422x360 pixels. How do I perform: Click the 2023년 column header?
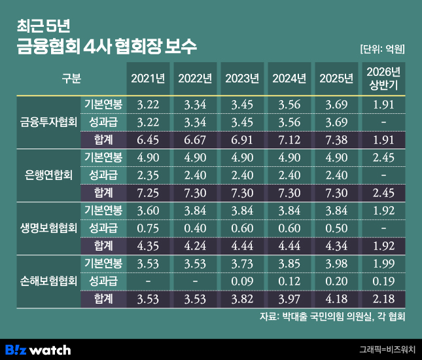[242, 79]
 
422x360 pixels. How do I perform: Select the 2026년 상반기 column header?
[383, 79]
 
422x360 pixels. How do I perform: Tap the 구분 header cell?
[71, 79]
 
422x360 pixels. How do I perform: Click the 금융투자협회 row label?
[48, 122]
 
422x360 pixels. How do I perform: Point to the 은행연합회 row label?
[48, 175]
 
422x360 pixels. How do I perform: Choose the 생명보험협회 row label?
[48, 228]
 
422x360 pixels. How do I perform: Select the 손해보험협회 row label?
[48, 281]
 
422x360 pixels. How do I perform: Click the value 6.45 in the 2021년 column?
[148, 140]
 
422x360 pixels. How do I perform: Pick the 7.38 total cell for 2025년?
[336, 140]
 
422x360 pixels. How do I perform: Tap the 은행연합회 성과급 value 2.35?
[148, 175]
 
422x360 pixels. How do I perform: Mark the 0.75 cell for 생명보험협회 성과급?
[148, 228]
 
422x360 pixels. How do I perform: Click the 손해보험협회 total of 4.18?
[336, 299]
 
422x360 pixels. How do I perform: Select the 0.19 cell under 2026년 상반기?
[383, 281]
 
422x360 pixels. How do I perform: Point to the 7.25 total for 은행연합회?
[148, 193]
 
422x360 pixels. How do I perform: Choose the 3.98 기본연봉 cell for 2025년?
[336, 264]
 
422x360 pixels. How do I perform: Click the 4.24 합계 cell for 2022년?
[195, 246]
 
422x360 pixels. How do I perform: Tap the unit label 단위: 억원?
[383, 49]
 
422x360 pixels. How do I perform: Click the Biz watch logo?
[38, 350]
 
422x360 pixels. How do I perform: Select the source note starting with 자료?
[332, 316]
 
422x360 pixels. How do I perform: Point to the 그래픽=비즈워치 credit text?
[387, 350]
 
